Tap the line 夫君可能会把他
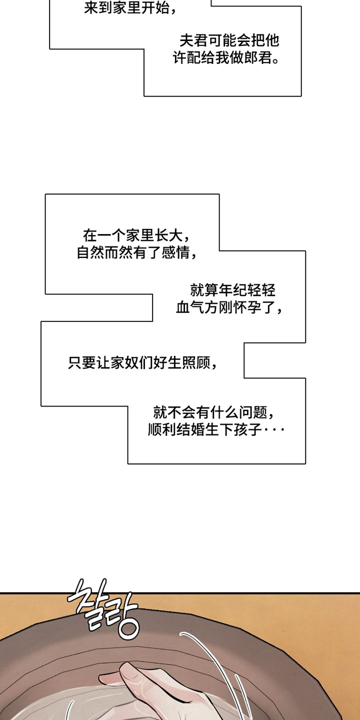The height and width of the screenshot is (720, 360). tap(229, 41)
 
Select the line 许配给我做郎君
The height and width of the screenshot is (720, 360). tap(226, 58)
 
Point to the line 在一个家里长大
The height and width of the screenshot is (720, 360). tap(136, 235)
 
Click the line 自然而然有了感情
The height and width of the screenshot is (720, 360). tap(137, 252)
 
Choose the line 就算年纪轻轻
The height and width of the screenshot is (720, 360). tap(233, 290)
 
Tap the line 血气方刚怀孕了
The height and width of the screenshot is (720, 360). tap(229, 307)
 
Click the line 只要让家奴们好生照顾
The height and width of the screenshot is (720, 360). tap(142, 363)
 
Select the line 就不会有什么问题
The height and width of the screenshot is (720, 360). tap(214, 412)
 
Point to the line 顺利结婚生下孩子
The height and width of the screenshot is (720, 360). tap(216, 430)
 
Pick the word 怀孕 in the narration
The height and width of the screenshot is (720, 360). tap(248, 307)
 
